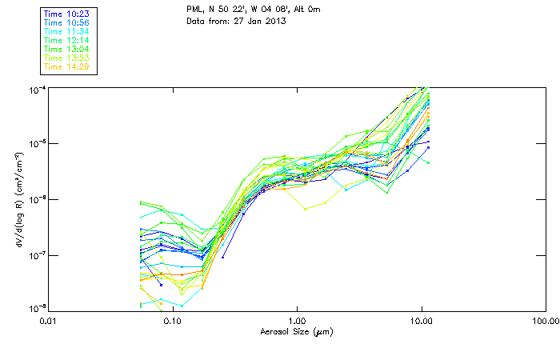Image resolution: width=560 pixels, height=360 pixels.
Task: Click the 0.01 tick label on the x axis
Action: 48,322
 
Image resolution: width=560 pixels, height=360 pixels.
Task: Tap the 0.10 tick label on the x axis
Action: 172,322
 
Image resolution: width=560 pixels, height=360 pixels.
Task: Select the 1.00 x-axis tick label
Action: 297,322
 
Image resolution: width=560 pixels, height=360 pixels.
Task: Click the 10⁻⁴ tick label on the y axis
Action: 35,89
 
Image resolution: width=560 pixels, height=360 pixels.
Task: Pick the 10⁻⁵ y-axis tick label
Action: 35,144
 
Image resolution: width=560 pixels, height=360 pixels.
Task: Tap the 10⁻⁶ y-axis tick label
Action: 35,200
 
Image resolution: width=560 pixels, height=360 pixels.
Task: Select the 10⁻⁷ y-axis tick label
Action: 35,256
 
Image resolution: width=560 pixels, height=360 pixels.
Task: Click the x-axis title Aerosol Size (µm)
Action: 296,331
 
